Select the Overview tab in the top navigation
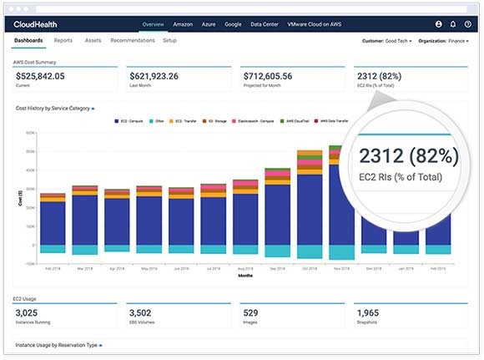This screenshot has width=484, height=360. (153, 25)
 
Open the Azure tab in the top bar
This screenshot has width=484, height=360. (208, 25)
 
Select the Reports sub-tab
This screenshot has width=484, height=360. (63, 40)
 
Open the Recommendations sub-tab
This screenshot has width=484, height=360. (132, 40)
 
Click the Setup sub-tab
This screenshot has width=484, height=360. (169, 40)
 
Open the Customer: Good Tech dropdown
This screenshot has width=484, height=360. (388, 41)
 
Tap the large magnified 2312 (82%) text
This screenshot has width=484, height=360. (409, 156)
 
